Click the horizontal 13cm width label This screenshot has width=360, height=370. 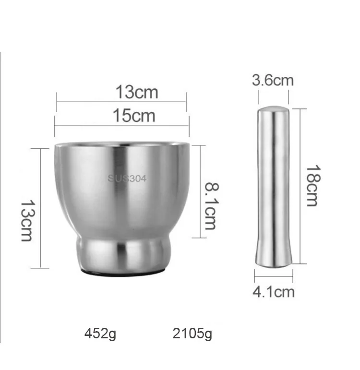pyautogui.click(x=136, y=91)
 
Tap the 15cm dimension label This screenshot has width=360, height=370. pyautogui.click(x=134, y=116)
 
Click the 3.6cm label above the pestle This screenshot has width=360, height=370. pyautogui.click(x=273, y=80)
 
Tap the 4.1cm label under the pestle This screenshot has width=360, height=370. pyautogui.click(x=273, y=291)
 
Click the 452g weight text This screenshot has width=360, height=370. pyautogui.click(x=100, y=334)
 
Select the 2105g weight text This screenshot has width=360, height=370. pyautogui.click(x=192, y=334)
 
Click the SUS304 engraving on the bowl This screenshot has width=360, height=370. pyautogui.click(x=127, y=179)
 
